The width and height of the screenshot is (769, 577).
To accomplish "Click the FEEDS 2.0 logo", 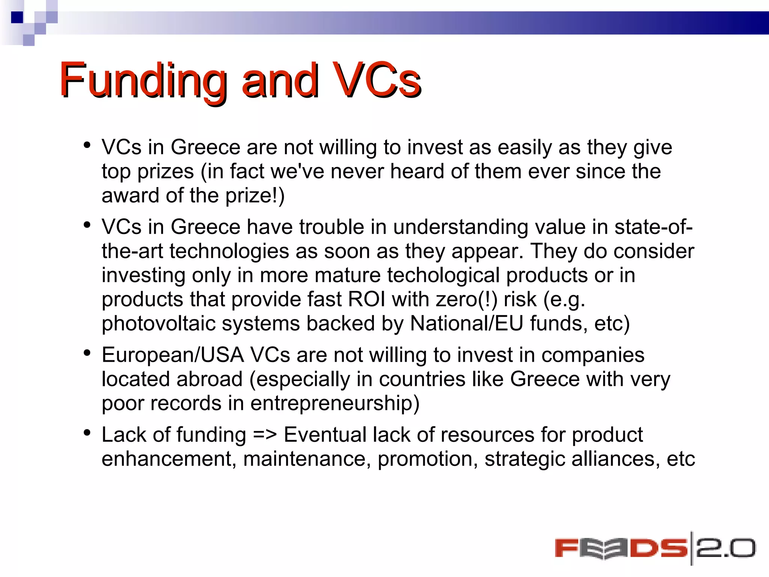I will point(655,548).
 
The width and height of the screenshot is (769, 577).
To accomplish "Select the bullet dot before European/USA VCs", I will point(87,353).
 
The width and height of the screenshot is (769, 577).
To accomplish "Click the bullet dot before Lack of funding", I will point(87,433).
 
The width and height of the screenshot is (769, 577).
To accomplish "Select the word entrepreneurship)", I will point(335,403).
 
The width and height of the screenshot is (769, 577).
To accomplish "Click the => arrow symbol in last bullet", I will point(265,435).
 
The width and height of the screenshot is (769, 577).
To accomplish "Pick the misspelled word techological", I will point(443,275).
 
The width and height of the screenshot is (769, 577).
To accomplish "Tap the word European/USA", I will point(173,355).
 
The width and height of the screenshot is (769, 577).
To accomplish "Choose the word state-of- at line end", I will point(653,227).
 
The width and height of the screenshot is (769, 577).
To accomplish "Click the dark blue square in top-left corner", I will point(17,17).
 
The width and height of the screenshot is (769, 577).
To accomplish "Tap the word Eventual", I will point(325,435).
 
